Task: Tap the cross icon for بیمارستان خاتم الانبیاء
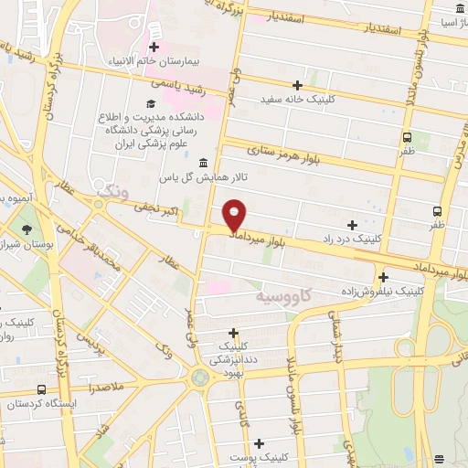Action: [x=154, y=47]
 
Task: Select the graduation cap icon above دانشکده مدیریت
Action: [x=151, y=104]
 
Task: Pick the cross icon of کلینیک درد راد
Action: [x=352, y=225]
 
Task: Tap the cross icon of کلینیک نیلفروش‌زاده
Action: [x=383, y=276]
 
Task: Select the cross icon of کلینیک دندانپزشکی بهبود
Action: [x=234, y=333]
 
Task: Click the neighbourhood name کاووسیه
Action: [x=282, y=298]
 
